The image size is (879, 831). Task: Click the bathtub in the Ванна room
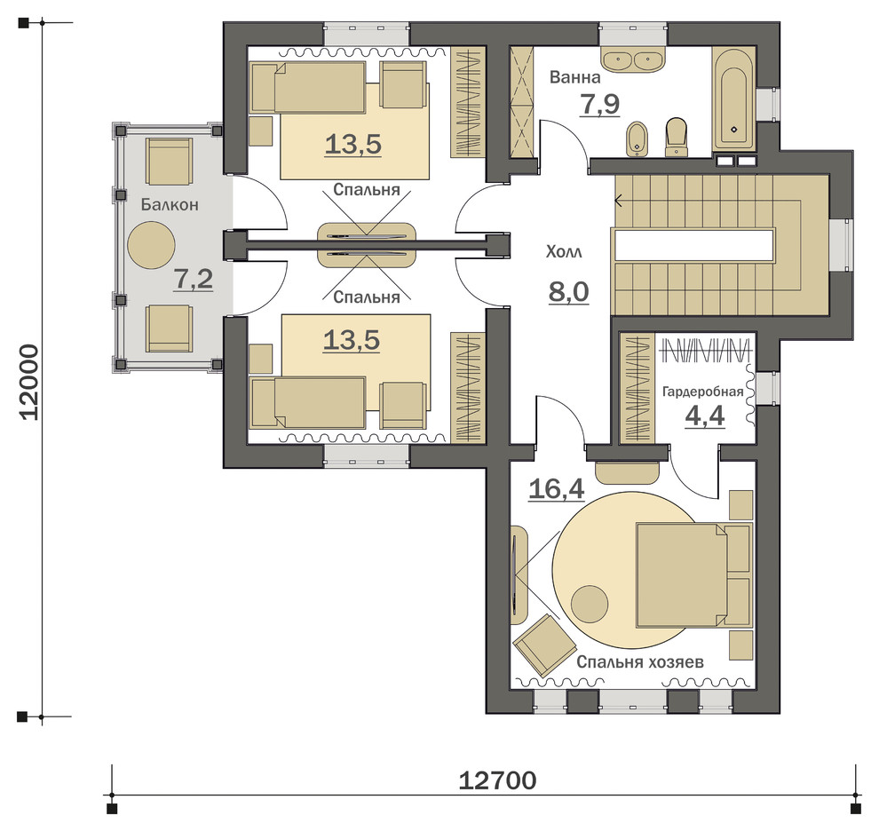[734, 99]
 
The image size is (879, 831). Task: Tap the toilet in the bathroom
[676, 137]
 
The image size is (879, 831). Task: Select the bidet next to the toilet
[637, 138]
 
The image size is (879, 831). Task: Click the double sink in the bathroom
[634, 59]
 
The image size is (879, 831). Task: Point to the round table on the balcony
[151, 245]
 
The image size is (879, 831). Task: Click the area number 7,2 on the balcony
[194, 279]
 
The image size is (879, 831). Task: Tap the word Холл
[564, 252]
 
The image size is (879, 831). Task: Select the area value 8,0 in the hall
[568, 291]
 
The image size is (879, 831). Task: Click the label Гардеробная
[702, 392]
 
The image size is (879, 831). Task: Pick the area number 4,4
[705, 416]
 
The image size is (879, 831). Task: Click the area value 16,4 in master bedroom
[557, 489]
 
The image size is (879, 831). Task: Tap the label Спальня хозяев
[639, 662]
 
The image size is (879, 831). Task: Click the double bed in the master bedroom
[693, 574]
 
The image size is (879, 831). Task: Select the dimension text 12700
[497, 780]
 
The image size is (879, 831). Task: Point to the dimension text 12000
[29, 382]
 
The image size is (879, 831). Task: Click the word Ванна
[574, 77]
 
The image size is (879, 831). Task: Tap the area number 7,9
[600, 104]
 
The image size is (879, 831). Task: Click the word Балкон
[170, 205]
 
